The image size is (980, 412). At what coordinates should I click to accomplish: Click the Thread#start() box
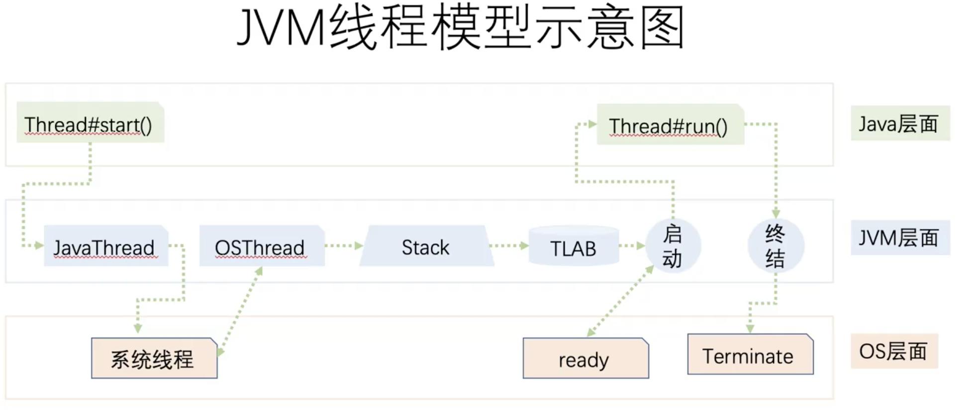[x=90, y=123]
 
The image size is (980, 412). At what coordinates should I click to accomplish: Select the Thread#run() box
[x=670, y=125]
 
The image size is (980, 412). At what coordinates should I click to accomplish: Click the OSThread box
[x=262, y=246]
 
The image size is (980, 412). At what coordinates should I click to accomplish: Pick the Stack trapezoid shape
[x=426, y=246]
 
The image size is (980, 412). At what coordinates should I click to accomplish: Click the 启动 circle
[x=673, y=246]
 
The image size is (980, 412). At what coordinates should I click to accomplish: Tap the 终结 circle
[x=775, y=246]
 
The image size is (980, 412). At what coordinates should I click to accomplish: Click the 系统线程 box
[x=154, y=358]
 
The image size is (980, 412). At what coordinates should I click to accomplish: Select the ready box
[x=585, y=358]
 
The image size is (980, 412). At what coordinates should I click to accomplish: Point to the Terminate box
[x=749, y=355]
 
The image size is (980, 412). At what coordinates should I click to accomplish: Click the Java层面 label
[x=899, y=123]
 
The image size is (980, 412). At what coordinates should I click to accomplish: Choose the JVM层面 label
[x=899, y=237]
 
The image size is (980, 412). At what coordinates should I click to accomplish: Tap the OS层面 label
[x=893, y=351]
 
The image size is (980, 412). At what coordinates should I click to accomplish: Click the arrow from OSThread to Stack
[x=343, y=245]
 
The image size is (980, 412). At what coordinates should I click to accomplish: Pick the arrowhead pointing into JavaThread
[x=39, y=245]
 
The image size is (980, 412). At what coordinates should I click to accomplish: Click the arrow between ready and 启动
[x=620, y=301]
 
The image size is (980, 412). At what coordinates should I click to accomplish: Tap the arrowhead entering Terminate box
[x=750, y=328]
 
